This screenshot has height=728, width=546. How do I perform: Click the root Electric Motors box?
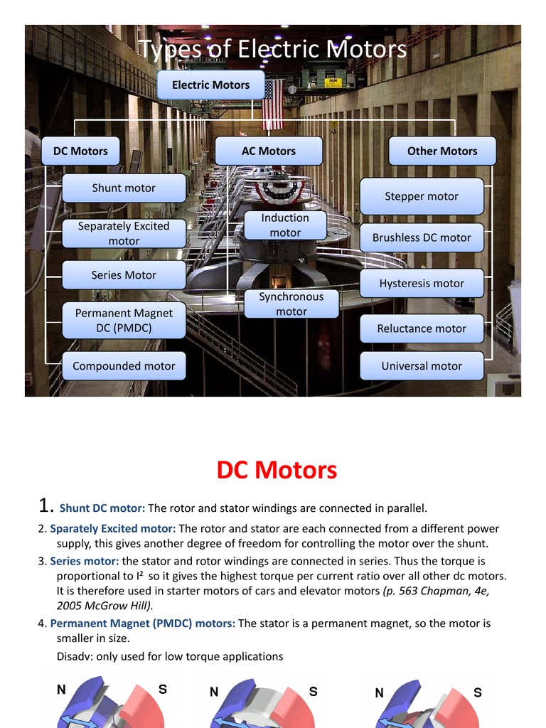coord(210,85)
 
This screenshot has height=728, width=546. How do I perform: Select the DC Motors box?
coord(80,151)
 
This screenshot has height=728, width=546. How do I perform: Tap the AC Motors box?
coord(268,151)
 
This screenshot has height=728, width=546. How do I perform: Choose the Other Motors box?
coord(441,151)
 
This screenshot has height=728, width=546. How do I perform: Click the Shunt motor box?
coord(124,188)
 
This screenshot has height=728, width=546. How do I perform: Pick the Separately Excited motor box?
coord(124,233)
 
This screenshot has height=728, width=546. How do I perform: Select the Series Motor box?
coord(124,275)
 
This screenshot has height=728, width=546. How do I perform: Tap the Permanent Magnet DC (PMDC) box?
coord(124,321)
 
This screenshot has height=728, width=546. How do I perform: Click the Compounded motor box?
coord(124,366)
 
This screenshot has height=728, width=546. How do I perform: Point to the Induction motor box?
coord(285,225)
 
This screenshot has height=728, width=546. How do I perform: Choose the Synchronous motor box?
coord(291,304)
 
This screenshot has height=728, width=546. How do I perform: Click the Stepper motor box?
coord(422,196)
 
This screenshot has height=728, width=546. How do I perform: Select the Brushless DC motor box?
coord(422,238)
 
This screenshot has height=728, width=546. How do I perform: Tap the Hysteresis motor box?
coord(422,283)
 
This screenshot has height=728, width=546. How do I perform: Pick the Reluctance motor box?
coord(422,328)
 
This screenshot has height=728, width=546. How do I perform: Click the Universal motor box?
coord(422,366)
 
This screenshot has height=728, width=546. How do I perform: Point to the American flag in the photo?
coord(273,105)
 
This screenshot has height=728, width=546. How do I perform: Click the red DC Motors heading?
coord(277,470)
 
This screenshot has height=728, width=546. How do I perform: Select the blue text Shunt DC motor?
coord(102,508)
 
